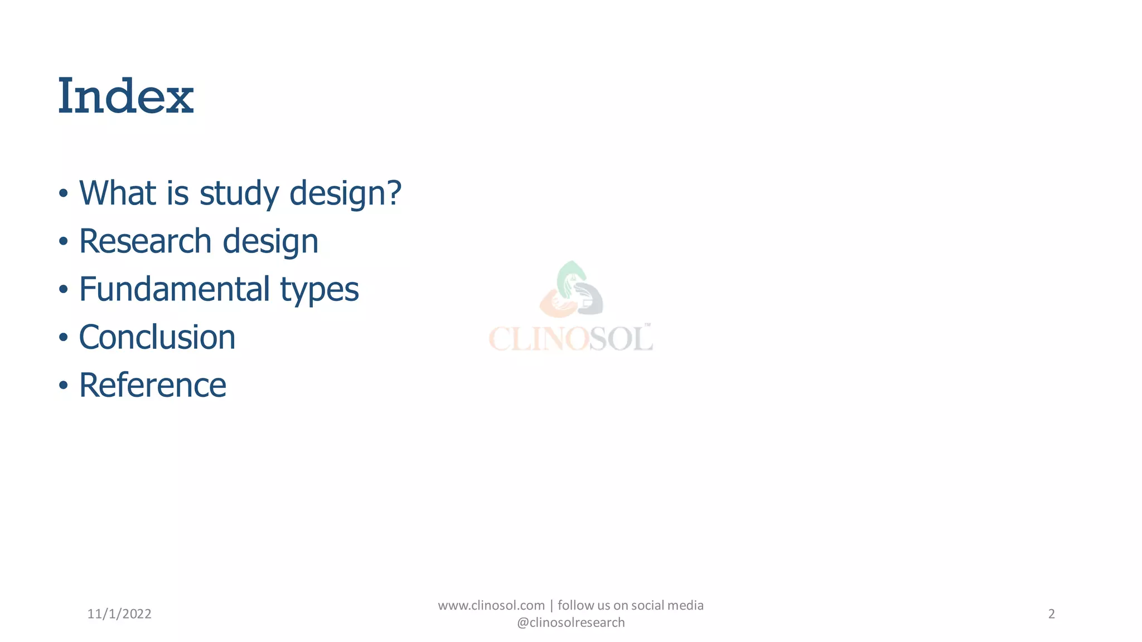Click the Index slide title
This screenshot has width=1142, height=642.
click(x=126, y=96)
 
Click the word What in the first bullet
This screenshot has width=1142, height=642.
click(x=118, y=193)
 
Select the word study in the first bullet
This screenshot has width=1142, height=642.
click(x=239, y=194)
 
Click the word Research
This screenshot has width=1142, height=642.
click(x=145, y=241)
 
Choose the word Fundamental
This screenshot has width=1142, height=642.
click(x=175, y=289)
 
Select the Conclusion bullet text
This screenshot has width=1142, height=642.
click(x=157, y=337)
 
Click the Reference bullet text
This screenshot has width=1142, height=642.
click(x=153, y=385)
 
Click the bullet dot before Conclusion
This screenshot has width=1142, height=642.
click(x=64, y=338)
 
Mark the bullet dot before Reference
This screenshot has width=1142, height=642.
click(x=64, y=386)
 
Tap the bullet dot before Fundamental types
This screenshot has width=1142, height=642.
click(x=64, y=290)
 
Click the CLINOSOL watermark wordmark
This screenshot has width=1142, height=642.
click(x=570, y=338)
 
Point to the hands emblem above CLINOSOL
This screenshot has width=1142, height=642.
click(x=572, y=290)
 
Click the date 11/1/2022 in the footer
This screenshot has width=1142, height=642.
click(x=119, y=614)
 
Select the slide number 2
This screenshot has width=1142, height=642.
click(x=1051, y=614)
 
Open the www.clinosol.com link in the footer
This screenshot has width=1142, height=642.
click(x=491, y=605)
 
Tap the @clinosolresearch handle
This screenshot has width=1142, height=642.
click(x=570, y=622)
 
